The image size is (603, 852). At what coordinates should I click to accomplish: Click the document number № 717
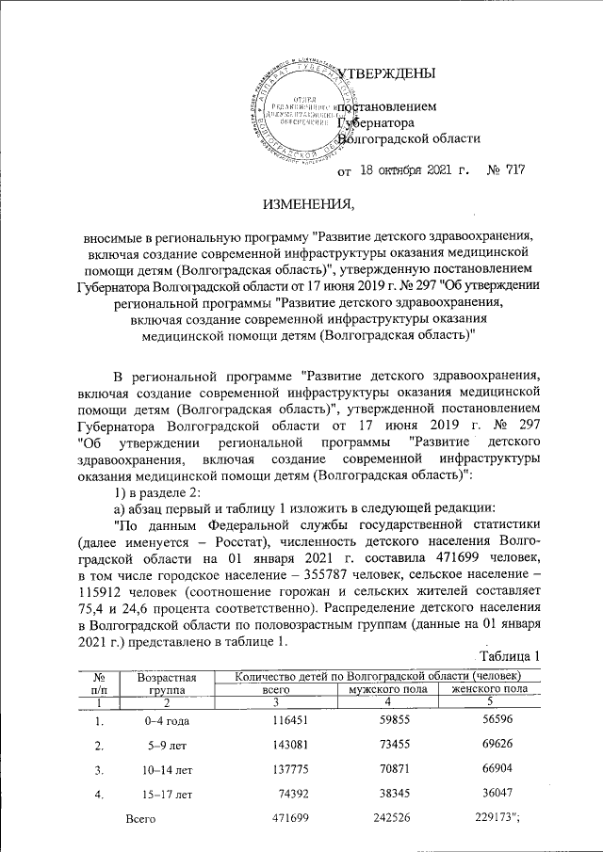tap(504, 171)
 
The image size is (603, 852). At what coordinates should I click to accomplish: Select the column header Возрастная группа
tap(166, 683)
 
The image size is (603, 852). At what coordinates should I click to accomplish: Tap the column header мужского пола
tap(386, 689)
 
